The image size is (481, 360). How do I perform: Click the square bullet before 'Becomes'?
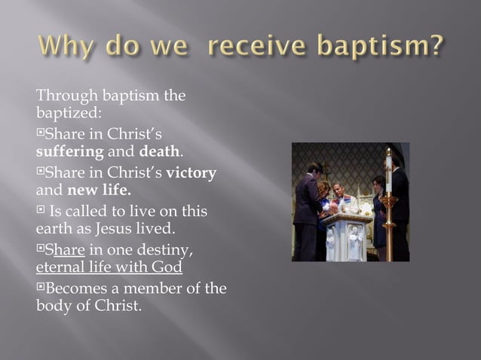(x=41, y=288)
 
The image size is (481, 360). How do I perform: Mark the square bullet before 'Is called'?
(x=41, y=211)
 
